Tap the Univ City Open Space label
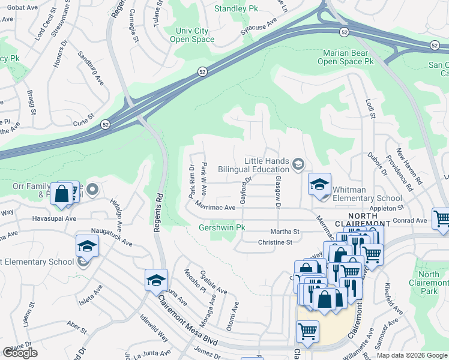coord(194,35)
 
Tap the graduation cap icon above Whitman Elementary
coord(319,184)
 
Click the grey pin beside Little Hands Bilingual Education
coord(298,164)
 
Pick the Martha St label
coord(288,231)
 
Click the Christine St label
coord(274,242)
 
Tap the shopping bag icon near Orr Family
coord(62,194)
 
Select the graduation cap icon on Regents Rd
coord(156,280)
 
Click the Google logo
coord(20,353)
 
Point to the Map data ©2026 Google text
coord(411,355)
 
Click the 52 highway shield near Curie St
coord(106,124)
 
